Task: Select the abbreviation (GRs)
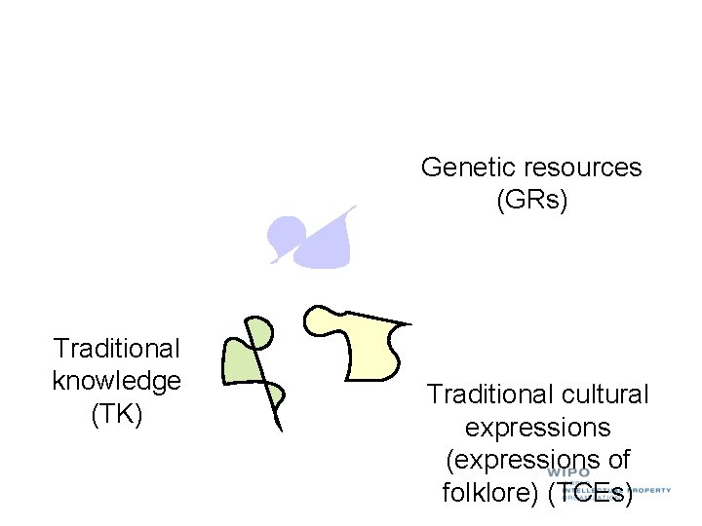pos(531,202)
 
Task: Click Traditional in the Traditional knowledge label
pos(117,348)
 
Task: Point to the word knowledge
pos(117,381)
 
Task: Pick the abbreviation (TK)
pos(117,414)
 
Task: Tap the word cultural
pos(605,394)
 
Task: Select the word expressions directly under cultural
pos(537,428)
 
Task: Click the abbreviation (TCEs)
pos(590,493)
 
